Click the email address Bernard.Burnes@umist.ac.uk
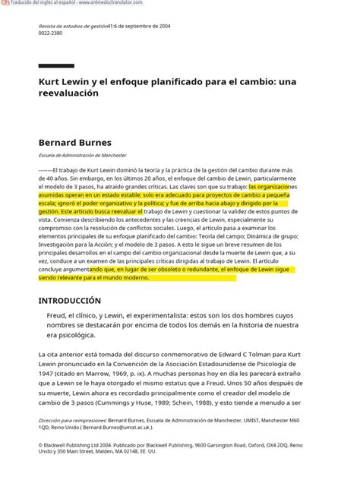click(x=112, y=427)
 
